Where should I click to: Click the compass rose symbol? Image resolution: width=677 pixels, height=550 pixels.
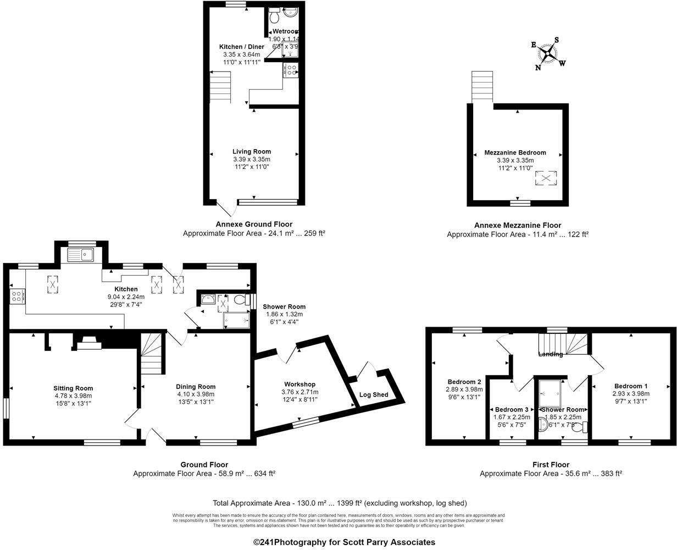pyautogui.click(x=548, y=53)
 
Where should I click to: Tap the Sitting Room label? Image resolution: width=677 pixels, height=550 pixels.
pyautogui.click(x=73, y=388)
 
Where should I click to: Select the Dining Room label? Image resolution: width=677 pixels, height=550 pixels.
pyautogui.click(x=196, y=386)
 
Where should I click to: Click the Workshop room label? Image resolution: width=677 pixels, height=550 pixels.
pyautogui.click(x=299, y=384)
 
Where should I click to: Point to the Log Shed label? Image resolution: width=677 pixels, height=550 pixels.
pyautogui.click(x=374, y=394)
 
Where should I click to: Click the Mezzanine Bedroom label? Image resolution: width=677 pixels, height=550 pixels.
pyautogui.click(x=515, y=152)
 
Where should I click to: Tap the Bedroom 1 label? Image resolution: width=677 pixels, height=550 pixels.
pyautogui.click(x=631, y=386)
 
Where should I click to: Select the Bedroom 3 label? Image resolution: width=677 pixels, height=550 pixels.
pyautogui.click(x=512, y=409)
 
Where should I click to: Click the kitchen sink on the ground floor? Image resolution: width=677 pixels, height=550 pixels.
pyautogui.click(x=81, y=255)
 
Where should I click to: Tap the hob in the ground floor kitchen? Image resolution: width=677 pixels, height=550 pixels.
pyautogui.click(x=17, y=296)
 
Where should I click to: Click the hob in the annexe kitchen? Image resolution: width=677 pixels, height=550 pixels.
pyautogui.click(x=291, y=70)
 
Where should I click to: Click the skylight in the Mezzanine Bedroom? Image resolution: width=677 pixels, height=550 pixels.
pyautogui.click(x=546, y=178)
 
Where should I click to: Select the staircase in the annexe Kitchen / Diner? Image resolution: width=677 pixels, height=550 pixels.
pyautogui.click(x=220, y=89)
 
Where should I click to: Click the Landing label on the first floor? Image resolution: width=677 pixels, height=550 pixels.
pyautogui.click(x=550, y=354)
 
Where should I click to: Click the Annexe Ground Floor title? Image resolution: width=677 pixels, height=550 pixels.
pyautogui.click(x=254, y=224)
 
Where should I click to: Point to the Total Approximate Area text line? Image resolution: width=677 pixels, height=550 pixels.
pyautogui.click(x=340, y=503)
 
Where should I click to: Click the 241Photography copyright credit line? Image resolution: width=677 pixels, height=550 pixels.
pyautogui.click(x=344, y=542)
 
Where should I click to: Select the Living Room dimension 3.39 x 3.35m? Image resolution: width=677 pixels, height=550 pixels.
pyautogui.click(x=251, y=159)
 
